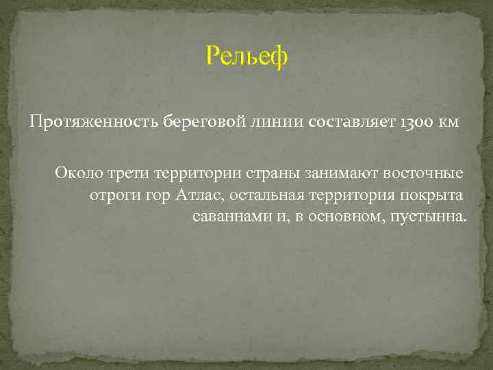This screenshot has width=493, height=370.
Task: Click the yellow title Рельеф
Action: [x=247, y=56]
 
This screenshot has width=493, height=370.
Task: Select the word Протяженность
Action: [x=94, y=122]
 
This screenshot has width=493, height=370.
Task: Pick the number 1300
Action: [x=411, y=122]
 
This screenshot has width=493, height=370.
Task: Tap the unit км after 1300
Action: [x=448, y=122]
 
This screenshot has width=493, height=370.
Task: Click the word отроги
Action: [x=112, y=195]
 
